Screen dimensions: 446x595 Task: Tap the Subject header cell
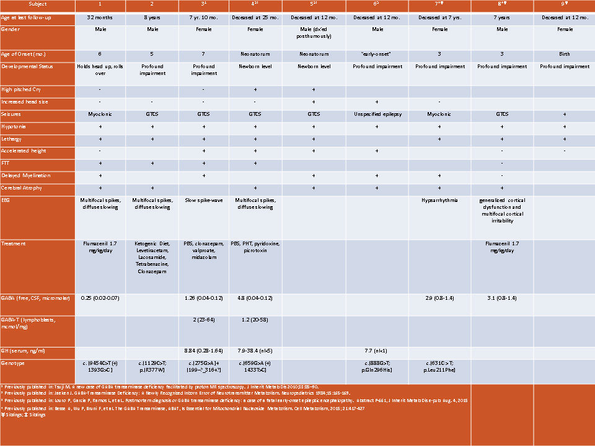coord(37,4)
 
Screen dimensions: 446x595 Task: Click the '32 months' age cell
coord(100,17)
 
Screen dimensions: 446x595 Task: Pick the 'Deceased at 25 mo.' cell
coord(255,17)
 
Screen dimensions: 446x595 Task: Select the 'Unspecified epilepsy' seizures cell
coord(377,114)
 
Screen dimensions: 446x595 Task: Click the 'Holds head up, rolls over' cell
coord(100,69)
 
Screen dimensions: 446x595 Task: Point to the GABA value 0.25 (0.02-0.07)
coord(100,298)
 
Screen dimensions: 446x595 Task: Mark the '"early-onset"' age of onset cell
coord(376,54)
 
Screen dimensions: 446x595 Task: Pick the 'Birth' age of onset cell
coord(564,54)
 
